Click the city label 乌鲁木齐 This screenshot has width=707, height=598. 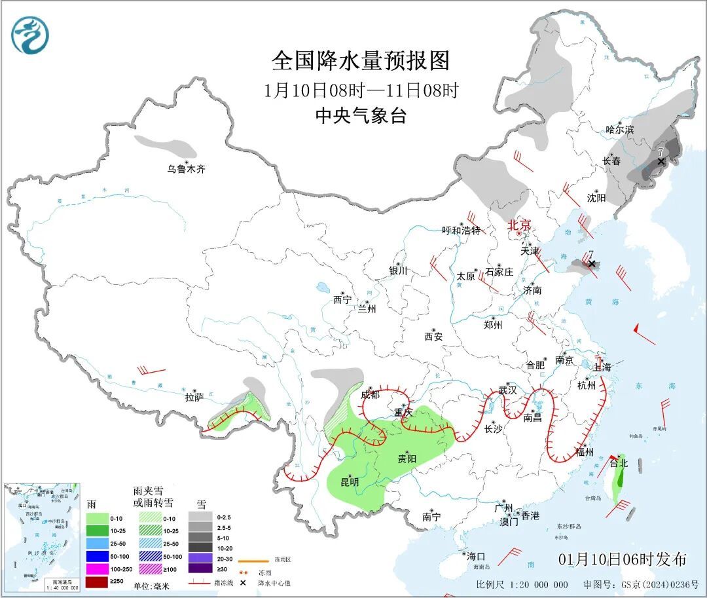pyautogui.click(x=186, y=169)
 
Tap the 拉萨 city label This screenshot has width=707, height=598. pyautogui.click(x=194, y=397)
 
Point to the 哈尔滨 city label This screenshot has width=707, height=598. pyautogui.click(x=619, y=130)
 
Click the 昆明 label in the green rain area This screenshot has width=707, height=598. pyautogui.click(x=350, y=482)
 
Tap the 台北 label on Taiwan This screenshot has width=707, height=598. pyautogui.click(x=619, y=463)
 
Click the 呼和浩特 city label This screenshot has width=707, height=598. pyautogui.click(x=461, y=230)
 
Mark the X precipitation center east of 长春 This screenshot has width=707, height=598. pyautogui.click(x=661, y=160)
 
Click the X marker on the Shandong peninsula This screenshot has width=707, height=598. pyautogui.click(x=592, y=263)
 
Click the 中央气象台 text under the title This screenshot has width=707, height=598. pyautogui.click(x=361, y=116)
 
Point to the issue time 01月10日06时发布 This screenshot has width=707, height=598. pyautogui.click(x=623, y=559)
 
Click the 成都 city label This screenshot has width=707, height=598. pyautogui.click(x=370, y=394)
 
